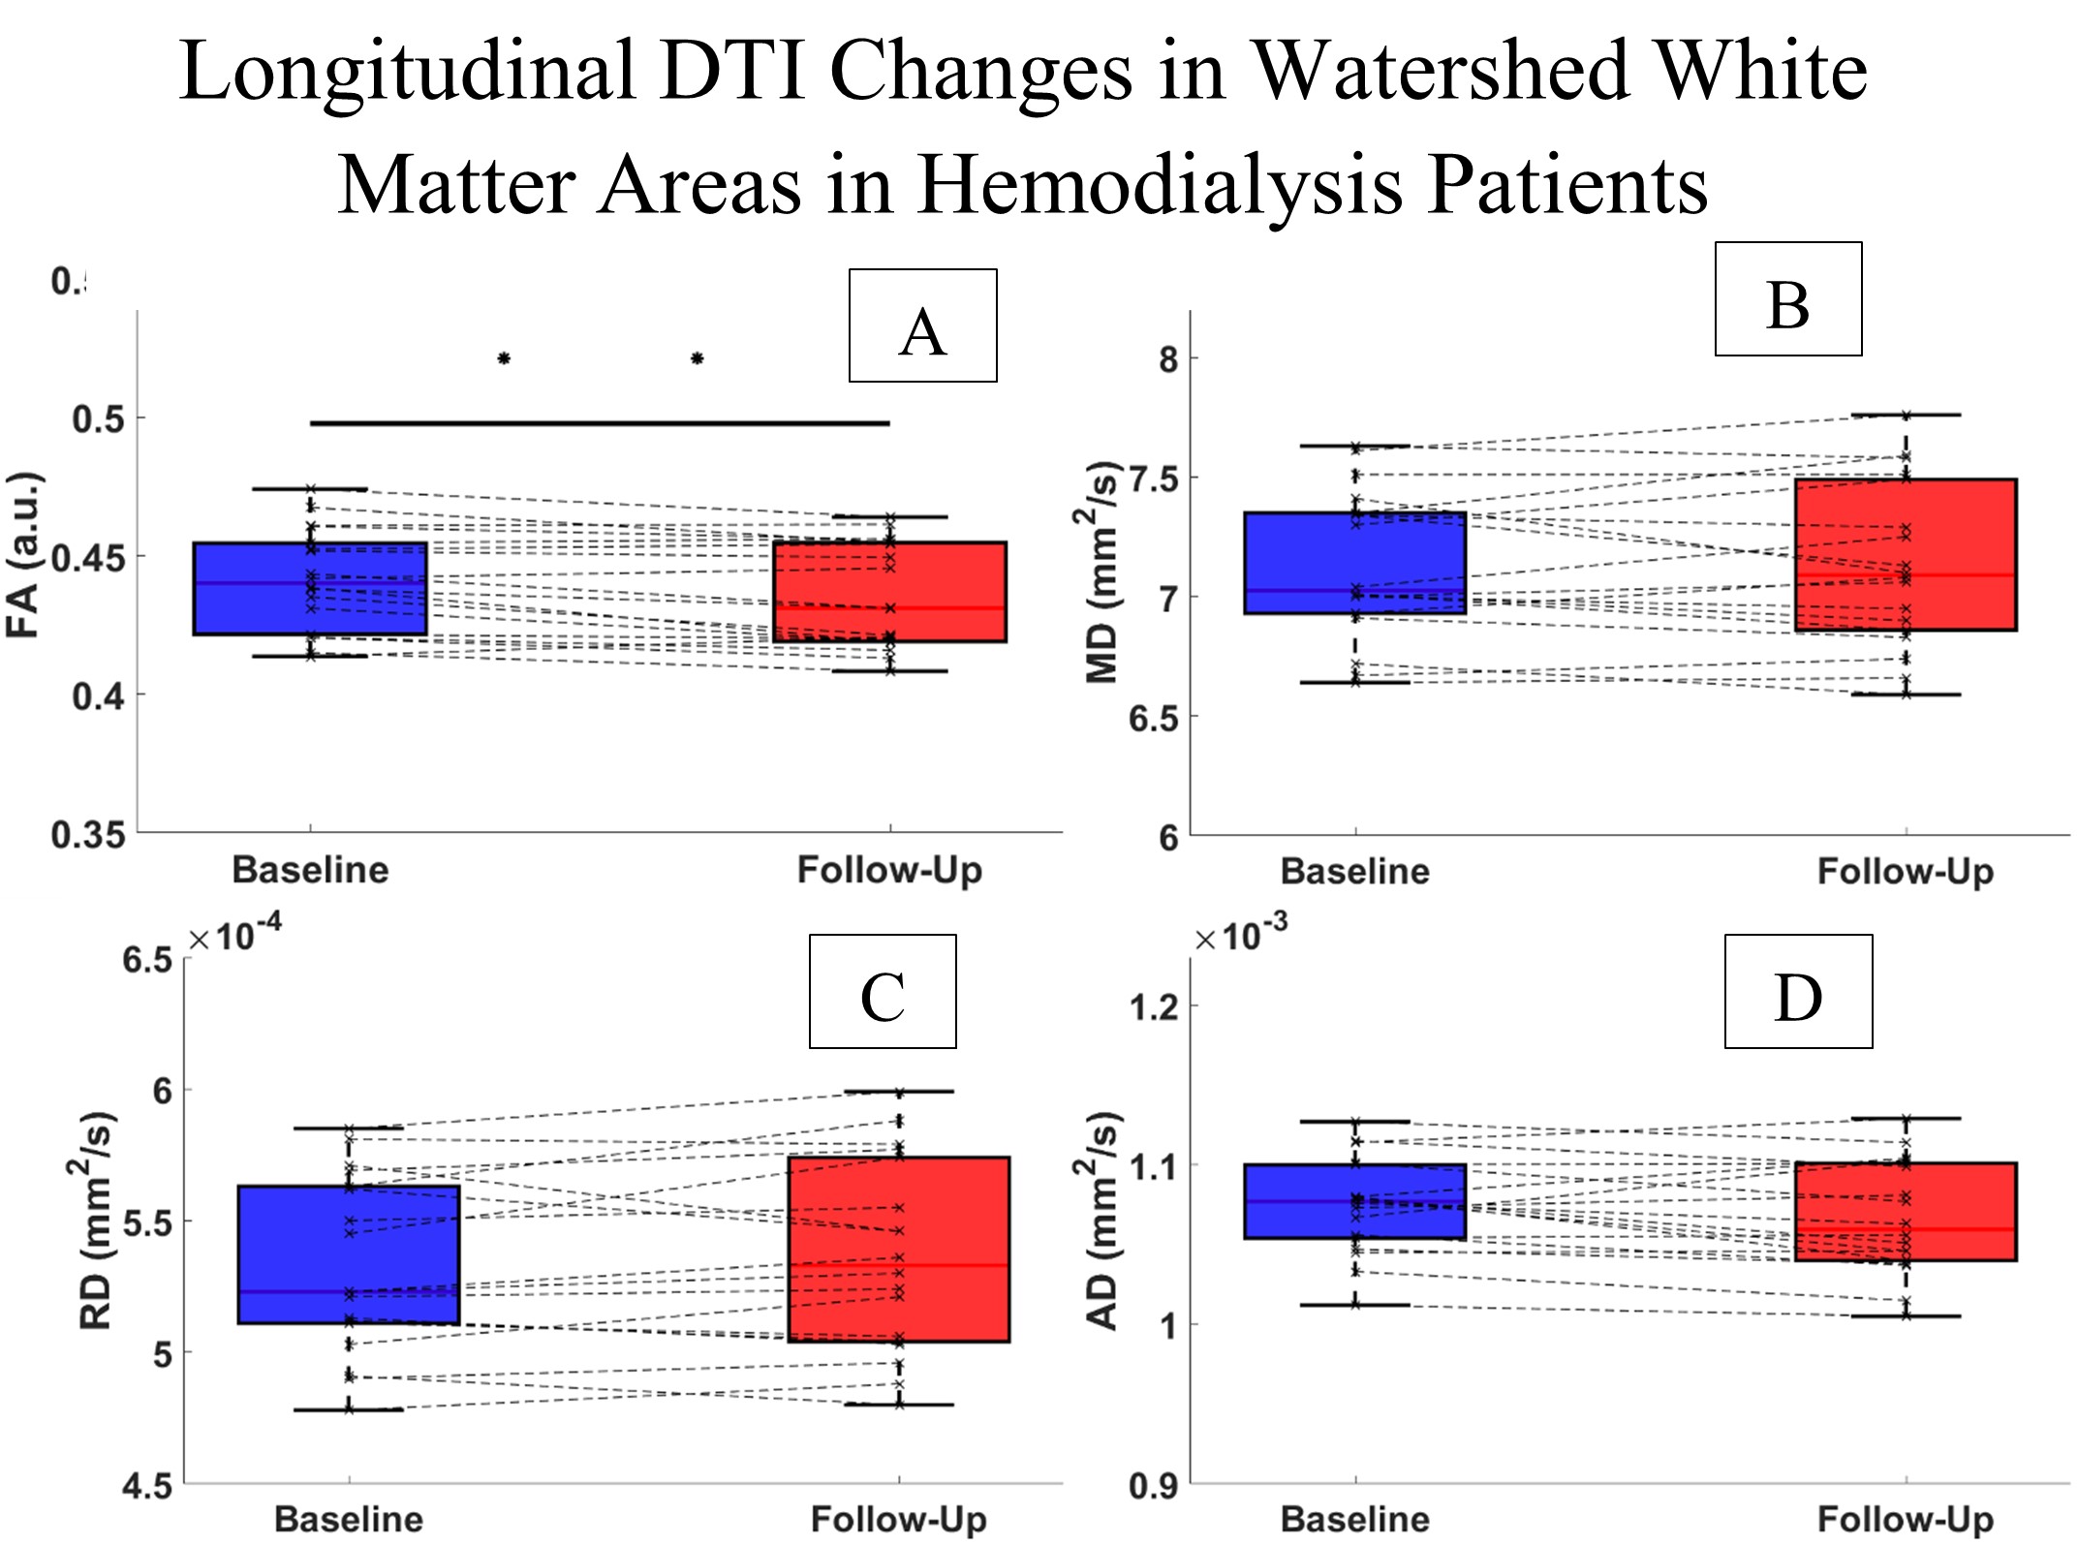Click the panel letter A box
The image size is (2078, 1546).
coord(922,325)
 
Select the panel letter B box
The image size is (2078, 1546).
coord(1787,299)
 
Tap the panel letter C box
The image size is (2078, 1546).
coord(883,991)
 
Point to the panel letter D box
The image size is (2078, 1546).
coord(1798,991)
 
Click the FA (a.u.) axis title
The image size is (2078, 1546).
coord(23,554)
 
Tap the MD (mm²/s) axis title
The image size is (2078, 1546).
coord(1101,572)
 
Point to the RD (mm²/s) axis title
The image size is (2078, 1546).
coord(95,1221)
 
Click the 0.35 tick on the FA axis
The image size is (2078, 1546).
coord(88,835)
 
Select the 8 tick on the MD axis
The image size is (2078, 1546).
coord(1168,359)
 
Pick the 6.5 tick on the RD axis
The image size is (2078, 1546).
coord(147,960)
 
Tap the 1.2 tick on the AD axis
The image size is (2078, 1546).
coord(1154,1007)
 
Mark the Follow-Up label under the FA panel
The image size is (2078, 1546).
coord(889,870)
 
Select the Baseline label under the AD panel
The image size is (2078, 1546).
coord(1354,1519)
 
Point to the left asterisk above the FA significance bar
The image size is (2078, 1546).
coord(504,359)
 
